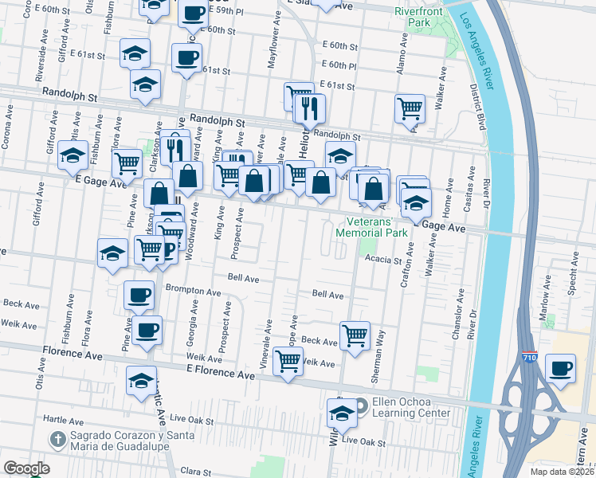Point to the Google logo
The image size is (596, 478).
click(26, 468)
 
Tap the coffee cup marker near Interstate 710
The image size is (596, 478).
click(561, 368)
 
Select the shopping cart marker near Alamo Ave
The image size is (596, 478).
click(410, 107)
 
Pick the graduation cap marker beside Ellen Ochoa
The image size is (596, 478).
click(342, 413)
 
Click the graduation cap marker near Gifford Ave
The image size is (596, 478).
click(73, 156)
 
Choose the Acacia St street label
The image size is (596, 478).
click(381, 260)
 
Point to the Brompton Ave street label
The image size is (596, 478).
click(192, 292)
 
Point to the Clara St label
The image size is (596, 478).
click(195, 472)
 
